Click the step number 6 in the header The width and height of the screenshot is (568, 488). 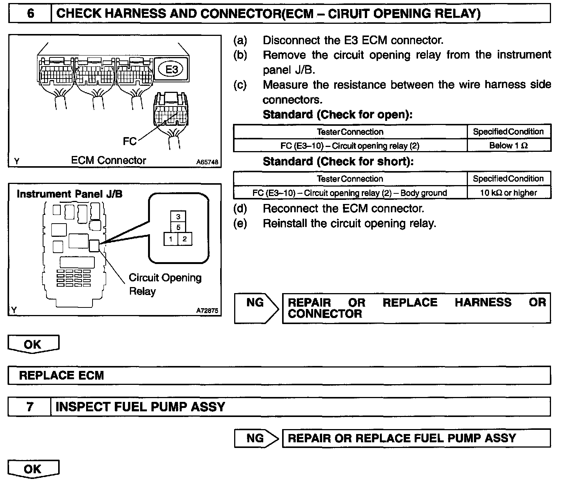(x=30, y=14)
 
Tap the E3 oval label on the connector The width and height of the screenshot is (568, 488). (x=172, y=69)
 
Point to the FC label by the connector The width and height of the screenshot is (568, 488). (x=130, y=141)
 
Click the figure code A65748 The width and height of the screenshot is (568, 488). (x=207, y=162)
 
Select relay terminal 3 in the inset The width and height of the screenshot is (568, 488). (x=178, y=217)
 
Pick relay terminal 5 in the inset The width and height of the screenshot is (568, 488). (x=178, y=227)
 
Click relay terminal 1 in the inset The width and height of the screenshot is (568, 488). (x=171, y=239)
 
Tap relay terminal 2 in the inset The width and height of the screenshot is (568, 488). (x=185, y=239)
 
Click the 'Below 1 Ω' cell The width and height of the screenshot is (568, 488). (x=509, y=145)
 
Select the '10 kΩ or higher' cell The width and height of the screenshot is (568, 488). (x=508, y=193)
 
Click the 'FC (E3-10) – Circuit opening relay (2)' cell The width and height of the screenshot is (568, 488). (x=350, y=146)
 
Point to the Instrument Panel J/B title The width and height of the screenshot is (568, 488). (x=69, y=194)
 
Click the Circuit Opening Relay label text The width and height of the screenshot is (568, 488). (x=165, y=284)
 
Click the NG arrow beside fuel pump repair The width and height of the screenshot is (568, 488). (x=256, y=438)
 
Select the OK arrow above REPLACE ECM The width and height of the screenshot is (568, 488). (x=33, y=344)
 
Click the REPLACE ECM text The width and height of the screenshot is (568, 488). (x=61, y=375)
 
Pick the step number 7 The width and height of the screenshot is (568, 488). (x=30, y=407)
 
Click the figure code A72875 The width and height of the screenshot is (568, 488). (x=207, y=311)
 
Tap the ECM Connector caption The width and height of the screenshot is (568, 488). (x=108, y=161)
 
